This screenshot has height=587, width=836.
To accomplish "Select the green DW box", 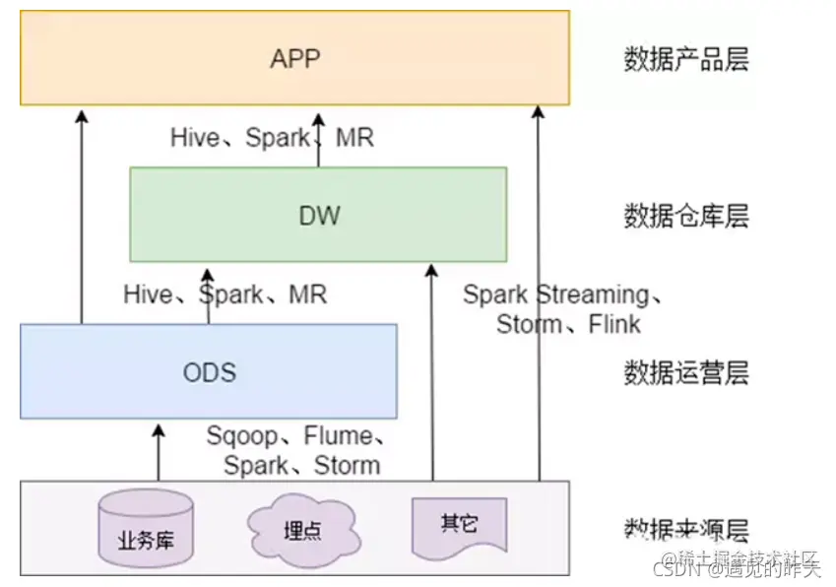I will click(318, 214).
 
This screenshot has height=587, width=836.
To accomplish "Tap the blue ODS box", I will click(209, 371).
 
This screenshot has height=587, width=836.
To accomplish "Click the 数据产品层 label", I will click(686, 59).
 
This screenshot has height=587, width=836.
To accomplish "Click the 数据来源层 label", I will click(686, 529).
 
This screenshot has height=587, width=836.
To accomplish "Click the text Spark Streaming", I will click(555, 293).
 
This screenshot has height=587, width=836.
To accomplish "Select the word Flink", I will click(614, 324).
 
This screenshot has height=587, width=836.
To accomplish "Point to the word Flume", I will click(337, 435).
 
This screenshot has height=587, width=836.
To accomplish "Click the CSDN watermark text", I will click(678, 567).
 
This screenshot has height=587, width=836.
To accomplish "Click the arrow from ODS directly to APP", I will click(82, 217).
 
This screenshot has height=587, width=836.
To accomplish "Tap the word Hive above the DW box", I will click(194, 138).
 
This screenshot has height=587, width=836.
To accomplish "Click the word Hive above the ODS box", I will click(148, 293).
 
